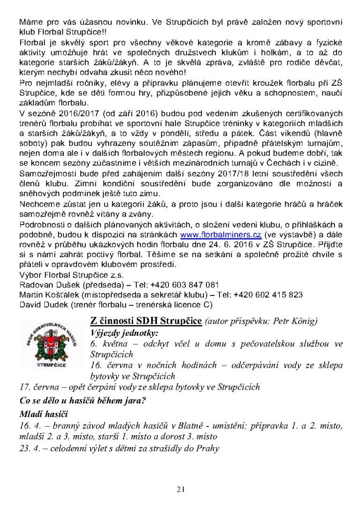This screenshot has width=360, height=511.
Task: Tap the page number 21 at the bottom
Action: point(180,490)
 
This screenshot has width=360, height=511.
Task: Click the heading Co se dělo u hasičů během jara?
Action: point(81,400)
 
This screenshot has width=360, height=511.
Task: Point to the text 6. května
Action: point(109,344)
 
